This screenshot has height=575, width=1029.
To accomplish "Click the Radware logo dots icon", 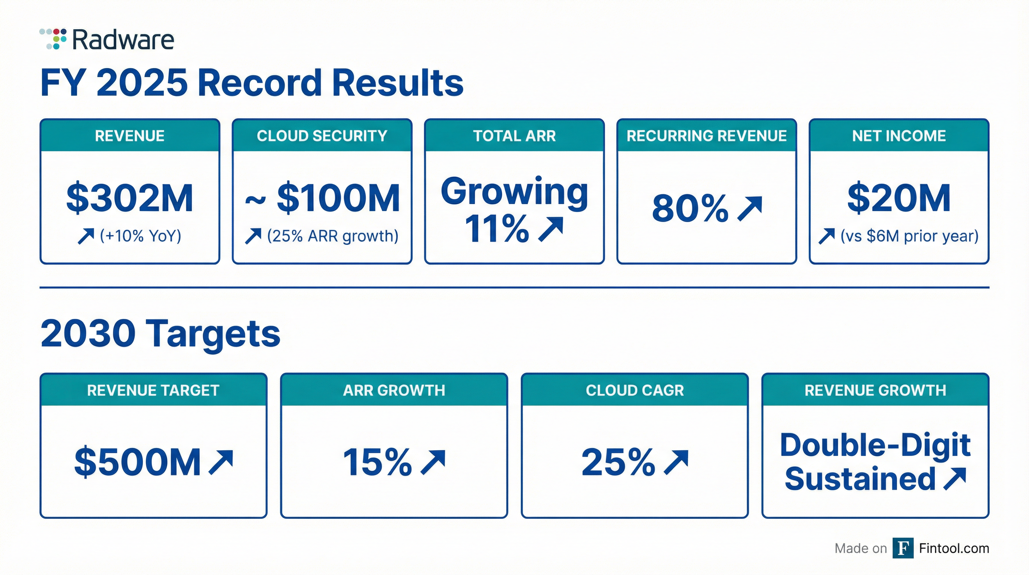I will (x=53, y=39).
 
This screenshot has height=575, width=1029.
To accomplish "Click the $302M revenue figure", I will (x=130, y=198).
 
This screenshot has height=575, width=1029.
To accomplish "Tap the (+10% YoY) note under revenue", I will (x=140, y=236).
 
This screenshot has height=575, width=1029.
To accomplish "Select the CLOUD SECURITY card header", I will (x=322, y=136).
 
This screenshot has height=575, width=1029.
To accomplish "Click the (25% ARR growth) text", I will (x=332, y=236).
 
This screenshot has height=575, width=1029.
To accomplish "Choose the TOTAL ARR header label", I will (x=514, y=136).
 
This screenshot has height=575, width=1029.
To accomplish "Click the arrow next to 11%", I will (x=551, y=229).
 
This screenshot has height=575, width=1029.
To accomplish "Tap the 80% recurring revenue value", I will (x=690, y=209).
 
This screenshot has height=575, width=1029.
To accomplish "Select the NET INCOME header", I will (x=899, y=136).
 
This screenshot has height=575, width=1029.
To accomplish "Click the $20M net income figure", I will (x=899, y=198).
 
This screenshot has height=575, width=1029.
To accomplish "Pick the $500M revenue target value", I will (x=138, y=463).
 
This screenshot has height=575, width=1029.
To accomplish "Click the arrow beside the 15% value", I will (x=433, y=462).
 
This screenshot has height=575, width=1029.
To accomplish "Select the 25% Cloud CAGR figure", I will (x=618, y=463).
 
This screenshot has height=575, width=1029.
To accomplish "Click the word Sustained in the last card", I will (x=860, y=479).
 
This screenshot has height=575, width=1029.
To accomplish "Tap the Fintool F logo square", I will (x=903, y=548).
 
